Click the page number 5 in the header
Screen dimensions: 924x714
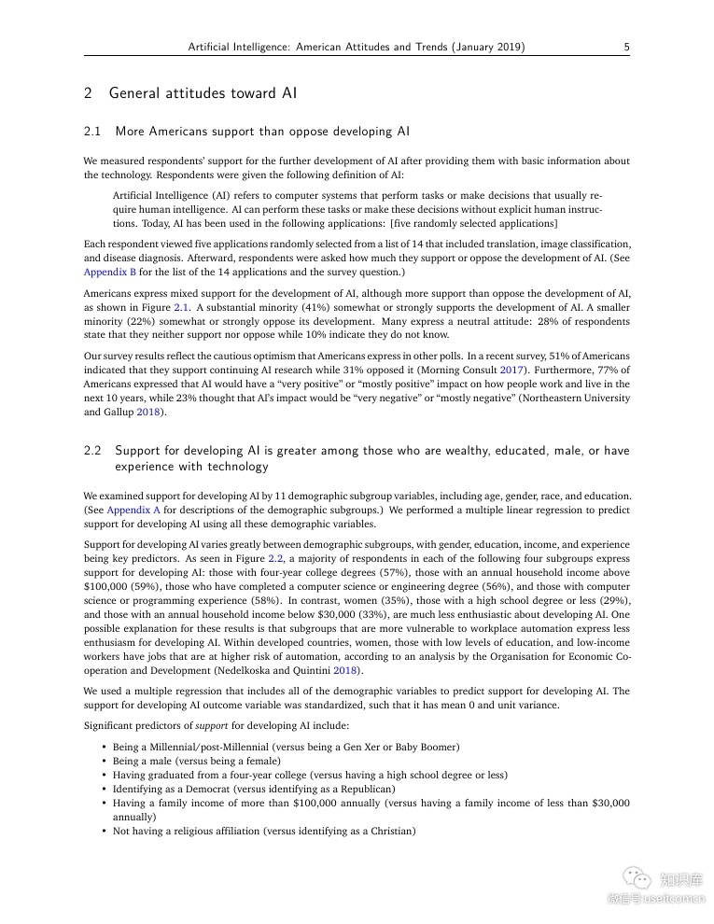click(626, 47)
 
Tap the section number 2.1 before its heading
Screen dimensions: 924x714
click(92, 132)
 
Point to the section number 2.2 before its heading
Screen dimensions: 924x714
click(92, 451)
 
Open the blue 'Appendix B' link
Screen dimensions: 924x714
click(110, 272)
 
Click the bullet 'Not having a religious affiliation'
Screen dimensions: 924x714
click(263, 831)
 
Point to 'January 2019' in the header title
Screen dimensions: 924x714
click(485, 47)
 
